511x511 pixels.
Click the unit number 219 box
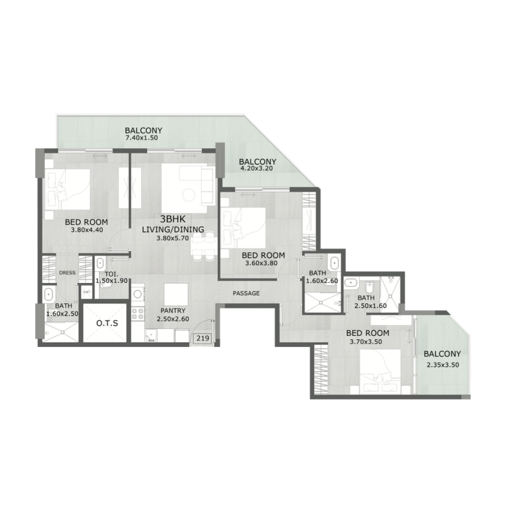click(x=202, y=339)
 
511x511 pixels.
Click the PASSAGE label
click(x=246, y=293)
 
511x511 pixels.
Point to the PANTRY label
click(x=169, y=310)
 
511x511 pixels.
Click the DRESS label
click(x=67, y=273)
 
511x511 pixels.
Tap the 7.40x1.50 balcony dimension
click(x=142, y=137)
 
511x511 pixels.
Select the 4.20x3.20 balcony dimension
click(x=256, y=170)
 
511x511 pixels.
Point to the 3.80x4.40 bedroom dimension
click(x=86, y=231)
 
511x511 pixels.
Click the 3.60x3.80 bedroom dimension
click(x=263, y=263)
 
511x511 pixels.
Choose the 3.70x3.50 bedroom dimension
click(x=367, y=342)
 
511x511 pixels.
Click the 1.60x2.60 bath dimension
click(x=321, y=280)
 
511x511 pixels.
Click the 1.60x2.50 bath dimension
click(x=62, y=314)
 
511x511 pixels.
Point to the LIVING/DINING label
click(x=172, y=230)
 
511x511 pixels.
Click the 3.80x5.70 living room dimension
click(x=172, y=240)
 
